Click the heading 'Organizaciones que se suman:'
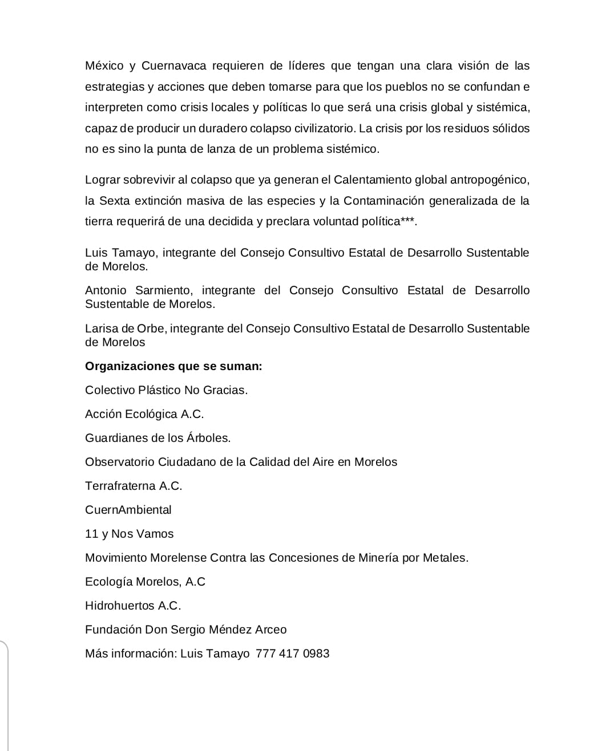[173, 366]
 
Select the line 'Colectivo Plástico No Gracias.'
[166, 390]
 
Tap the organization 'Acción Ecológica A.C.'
[144, 414]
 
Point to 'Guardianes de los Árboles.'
[157, 438]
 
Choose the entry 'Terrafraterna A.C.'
[134, 486]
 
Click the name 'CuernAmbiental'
[128, 510]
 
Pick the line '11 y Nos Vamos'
[129, 534]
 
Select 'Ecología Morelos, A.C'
[145, 582]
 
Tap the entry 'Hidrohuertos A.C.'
[133, 606]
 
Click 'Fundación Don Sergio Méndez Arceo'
[185, 630]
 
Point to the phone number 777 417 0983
[293, 653]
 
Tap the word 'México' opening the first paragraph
[104, 66]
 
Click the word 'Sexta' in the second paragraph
[114, 201]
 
